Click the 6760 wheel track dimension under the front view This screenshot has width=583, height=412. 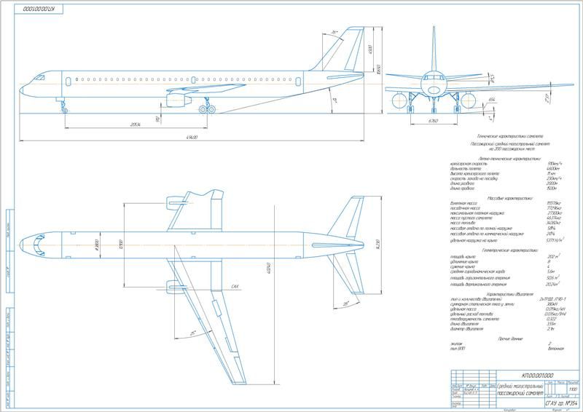click(x=432, y=121)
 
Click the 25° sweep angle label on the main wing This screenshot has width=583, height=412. click(x=194, y=333)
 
